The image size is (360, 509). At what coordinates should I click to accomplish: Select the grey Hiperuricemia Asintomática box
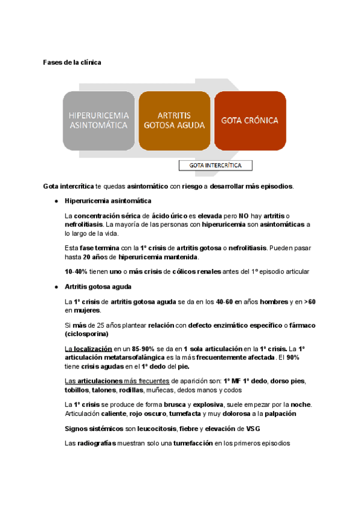(98, 120)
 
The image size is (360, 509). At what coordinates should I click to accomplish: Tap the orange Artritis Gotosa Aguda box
(174, 120)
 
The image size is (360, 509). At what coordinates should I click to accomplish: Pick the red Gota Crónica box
(250, 120)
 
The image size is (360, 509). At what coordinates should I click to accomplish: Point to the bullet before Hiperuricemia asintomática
(56, 200)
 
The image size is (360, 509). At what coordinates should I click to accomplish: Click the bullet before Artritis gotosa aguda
(56, 287)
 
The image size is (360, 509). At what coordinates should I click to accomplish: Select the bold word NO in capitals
(243, 215)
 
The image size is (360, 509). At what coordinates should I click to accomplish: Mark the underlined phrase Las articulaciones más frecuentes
(116, 381)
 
